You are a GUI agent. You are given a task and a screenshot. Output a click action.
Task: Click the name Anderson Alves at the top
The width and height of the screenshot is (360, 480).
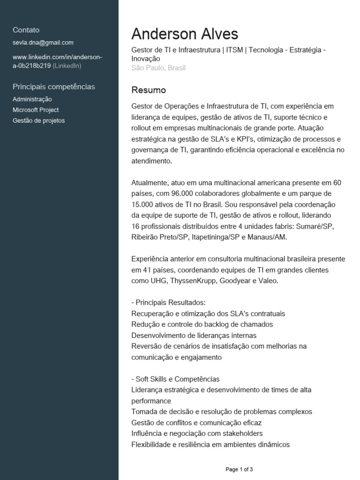pyautogui.click(x=185, y=34)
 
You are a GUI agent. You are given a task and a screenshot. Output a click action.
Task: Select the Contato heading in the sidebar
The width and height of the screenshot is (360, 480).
pyautogui.click(x=26, y=30)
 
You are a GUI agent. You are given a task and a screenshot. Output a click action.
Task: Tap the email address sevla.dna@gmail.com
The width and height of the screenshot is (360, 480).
pyautogui.click(x=43, y=43)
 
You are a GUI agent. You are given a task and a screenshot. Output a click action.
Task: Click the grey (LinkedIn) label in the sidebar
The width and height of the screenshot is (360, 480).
pyautogui.click(x=67, y=66)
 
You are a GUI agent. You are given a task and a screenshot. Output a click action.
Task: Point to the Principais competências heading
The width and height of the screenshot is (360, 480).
pyautogui.click(x=54, y=87)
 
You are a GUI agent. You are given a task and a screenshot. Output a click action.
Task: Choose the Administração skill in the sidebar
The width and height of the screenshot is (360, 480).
pyautogui.click(x=32, y=99)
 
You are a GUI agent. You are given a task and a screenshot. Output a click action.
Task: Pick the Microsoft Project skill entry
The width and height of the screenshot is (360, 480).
pyautogui.click(x=36, y=110)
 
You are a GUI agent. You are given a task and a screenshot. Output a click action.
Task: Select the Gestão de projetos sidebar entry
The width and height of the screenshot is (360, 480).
pyautogui.click(x=39, y=121)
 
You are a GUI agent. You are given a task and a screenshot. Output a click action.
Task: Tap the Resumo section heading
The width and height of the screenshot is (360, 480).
pyautogui.click(x=149, y=90)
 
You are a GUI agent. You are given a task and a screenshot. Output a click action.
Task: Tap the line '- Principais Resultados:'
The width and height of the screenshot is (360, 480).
pyautogui.click(x=169, y=302)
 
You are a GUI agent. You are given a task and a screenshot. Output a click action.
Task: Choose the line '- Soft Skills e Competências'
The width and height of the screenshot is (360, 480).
pyautogui.click(x=176, y=379)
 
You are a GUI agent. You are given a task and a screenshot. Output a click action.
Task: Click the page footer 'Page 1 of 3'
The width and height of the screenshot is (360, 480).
pyautogui.click(x=239, y=469)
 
